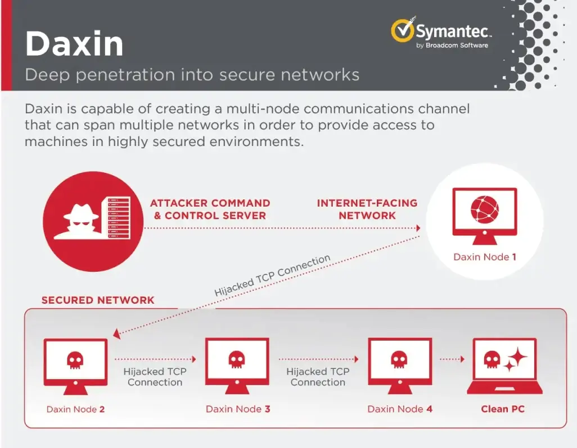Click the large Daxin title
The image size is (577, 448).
coord(74,44)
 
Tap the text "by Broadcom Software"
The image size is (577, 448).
coord(452,45)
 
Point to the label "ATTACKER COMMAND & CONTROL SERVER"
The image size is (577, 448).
coord(210,209)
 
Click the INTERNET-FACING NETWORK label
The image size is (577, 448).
coord(367,209)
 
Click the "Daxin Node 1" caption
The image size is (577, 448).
coord(484,257)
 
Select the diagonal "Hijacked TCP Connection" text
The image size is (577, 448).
coord(272,276)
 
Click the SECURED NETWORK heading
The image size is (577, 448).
coord(98,300)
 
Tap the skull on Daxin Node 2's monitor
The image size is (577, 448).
coord(75,359)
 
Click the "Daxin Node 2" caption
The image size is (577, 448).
coord(75,409)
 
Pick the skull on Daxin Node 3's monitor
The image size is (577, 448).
coord(237,359)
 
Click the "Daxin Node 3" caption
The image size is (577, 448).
coord(238,409)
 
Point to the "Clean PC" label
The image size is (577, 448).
coord(503,409)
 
